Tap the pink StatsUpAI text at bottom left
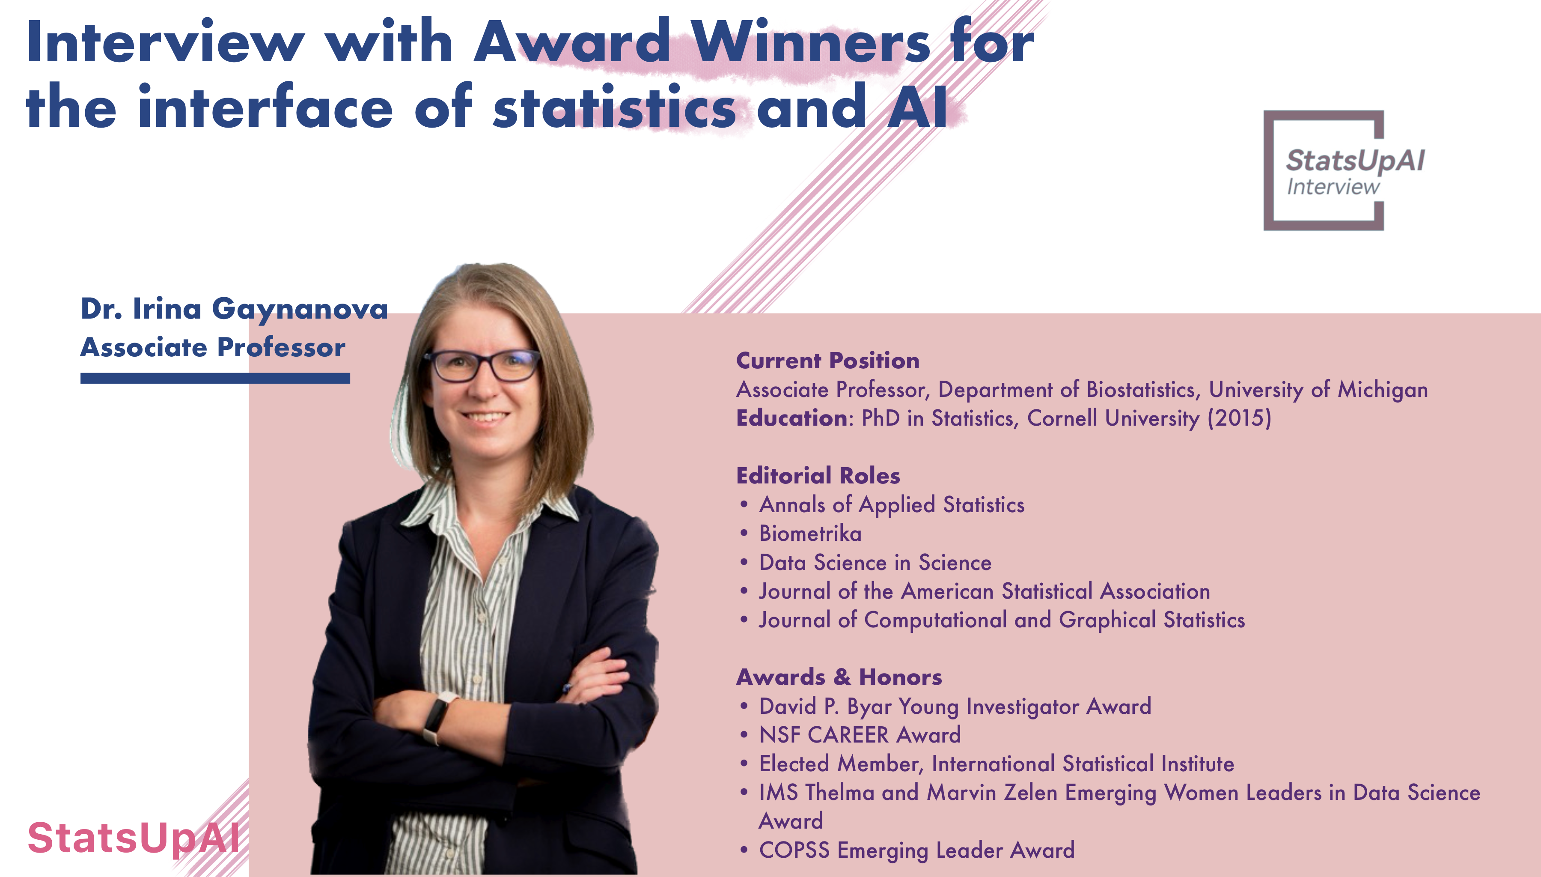point(134,838)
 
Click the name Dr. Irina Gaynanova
point(234,309)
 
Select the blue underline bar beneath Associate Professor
point(215,378)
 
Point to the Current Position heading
point(828,360)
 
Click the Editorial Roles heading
point(818,475)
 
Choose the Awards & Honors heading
point(839,677)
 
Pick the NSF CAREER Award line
point(860,735)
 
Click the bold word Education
point(791,418)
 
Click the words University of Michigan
point(1318,390)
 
